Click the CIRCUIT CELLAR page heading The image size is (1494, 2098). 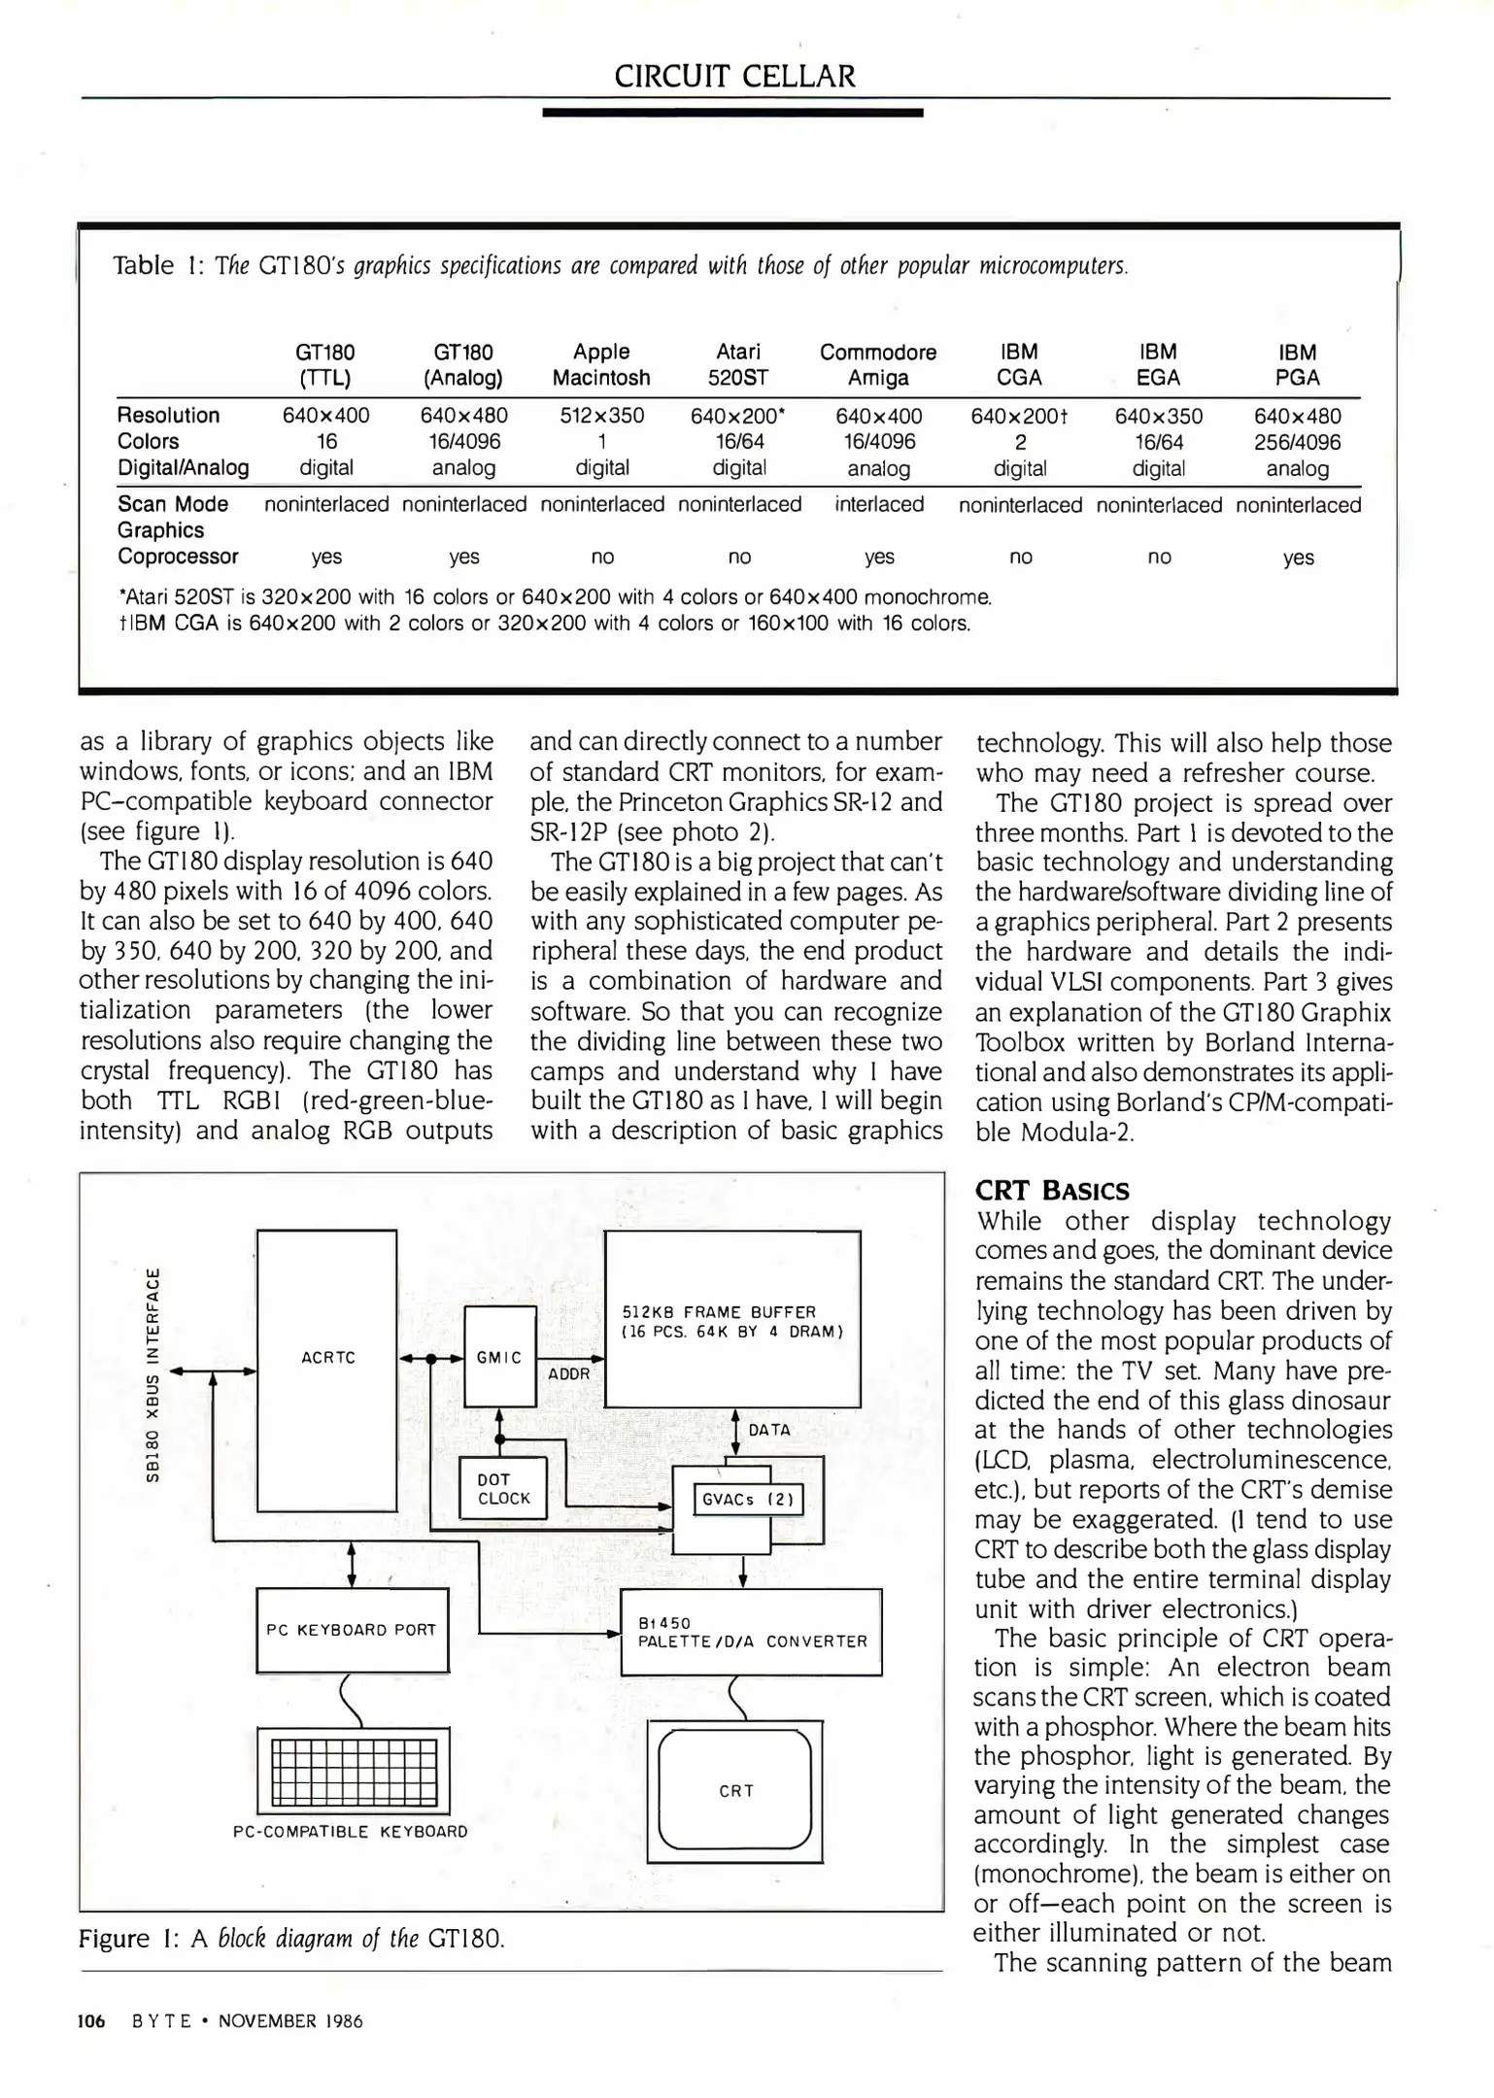(734, 76)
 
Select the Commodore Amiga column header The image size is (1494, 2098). (878, 365)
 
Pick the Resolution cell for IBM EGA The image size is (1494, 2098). (1158, 417)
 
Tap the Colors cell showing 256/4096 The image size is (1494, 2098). (1297, 443)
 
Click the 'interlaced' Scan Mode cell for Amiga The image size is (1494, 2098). (879, 505)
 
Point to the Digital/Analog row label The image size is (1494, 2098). (183, 468)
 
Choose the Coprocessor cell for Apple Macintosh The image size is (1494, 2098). (602, 558)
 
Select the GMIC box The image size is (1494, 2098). (500, 1357)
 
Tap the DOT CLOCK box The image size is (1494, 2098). (503, 1489)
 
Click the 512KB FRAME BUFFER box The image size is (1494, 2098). (732, 1320)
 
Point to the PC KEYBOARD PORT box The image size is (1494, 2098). (352, 1630)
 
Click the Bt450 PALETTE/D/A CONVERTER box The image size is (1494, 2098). (751, 1633)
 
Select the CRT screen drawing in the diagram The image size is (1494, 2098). (735, 1790)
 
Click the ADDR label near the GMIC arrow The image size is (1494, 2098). (569, 1374)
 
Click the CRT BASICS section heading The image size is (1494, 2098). (1052, 1191)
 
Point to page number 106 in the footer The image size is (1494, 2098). (91, 2021)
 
